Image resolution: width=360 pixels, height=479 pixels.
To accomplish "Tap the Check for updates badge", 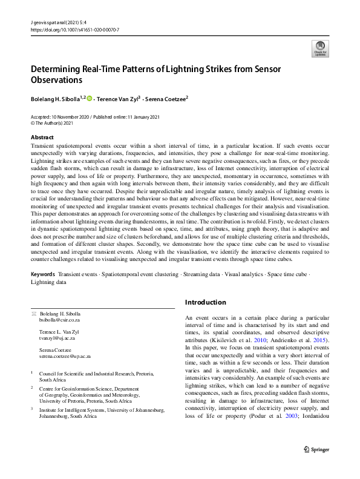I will pyautogui.click(x=319, y=49).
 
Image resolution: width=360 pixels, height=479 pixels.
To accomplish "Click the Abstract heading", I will pyautogui.click(x=42, y=137).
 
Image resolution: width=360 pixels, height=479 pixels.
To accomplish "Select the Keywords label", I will pyautogui.click(x=43, y=274).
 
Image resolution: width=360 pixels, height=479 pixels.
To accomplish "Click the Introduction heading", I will pyautogui.click(x=206, y=302).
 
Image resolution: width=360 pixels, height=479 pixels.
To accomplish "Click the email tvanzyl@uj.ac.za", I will pyautogui.click(x=56, y=339).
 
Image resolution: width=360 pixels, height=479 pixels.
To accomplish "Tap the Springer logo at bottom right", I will pyautogui.click(x=316, y=466).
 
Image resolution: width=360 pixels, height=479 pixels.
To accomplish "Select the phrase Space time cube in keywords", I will pyautogui.click(x=286, y=274).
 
